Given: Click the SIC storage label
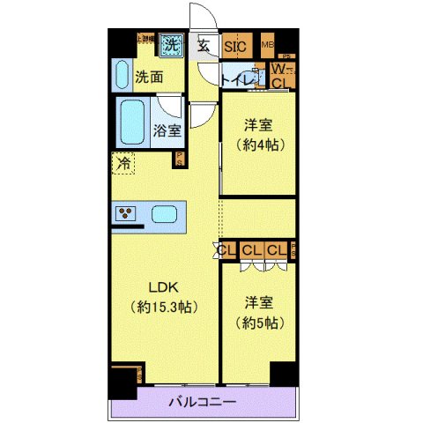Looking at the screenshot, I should [x=235, y=47].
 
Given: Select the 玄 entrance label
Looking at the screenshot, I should [x=203, y=46].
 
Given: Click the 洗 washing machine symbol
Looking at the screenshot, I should [x=172, y=44].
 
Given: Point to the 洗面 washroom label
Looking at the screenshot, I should [x=149, y=78].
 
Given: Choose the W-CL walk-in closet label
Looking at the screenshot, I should [x=281, y=76].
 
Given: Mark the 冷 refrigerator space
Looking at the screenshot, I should [x=123, y=163].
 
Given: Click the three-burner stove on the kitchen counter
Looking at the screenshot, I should [x=125, y=214].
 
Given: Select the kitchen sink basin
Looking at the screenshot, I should [x=165, y=214].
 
